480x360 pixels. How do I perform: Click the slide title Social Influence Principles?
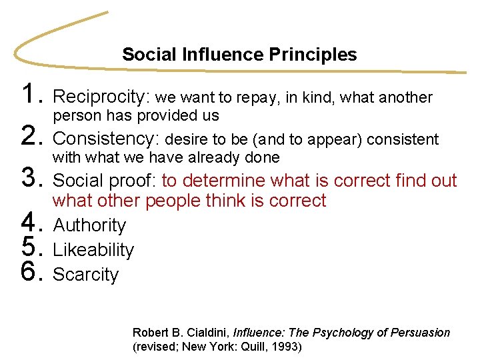[239, 55]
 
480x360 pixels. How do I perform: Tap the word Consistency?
[105, 139]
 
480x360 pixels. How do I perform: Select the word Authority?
[89, 225]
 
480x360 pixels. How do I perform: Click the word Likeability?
[93, 250]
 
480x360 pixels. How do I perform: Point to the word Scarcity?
[85, 275]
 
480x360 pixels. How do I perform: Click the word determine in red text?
[223, 181]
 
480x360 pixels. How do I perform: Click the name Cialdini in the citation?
[205, 332]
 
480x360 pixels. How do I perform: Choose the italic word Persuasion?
[421, 332]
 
